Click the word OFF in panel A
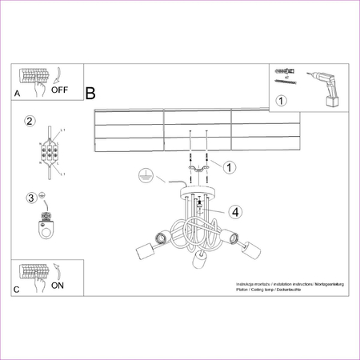click(x=60, y=90)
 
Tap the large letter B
click(x=90, y=94)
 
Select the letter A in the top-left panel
click(x=17, y=94)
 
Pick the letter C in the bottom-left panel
click(x=17, y=290)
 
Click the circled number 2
click(x=30, y=122)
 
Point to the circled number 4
click(x=234, y=212)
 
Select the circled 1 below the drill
click(x=281, y=101)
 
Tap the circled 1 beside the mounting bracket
click(x=229, y=167)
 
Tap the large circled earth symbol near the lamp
click(x=146, y=174)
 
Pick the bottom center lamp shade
click(x=197, y=263)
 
